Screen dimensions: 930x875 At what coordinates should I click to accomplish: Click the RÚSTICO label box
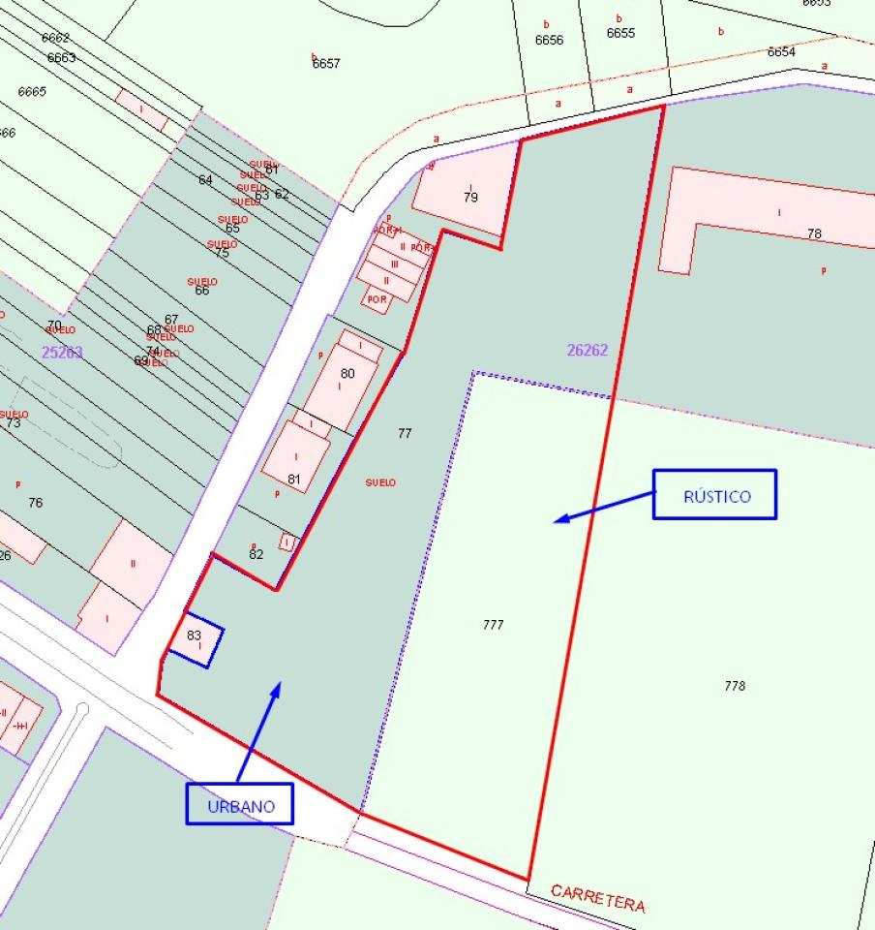pos(714,495)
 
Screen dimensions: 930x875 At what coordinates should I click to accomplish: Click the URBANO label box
pos(239,804)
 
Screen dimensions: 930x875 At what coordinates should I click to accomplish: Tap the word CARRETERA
pos(597,897)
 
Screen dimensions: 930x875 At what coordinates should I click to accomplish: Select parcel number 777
pos(493,625)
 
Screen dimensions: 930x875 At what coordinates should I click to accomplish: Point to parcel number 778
pos(735,686)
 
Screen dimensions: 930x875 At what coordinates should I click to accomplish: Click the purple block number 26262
pos(588,350)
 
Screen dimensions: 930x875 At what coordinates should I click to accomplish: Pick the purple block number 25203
pos(62,352)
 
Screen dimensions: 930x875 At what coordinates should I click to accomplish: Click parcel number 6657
pos(326,64)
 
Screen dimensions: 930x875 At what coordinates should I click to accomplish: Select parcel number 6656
pos(549,40)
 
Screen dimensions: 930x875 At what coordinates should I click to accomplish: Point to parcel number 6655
pos(620,33)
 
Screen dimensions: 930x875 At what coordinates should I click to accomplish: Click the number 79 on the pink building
pos(470,198)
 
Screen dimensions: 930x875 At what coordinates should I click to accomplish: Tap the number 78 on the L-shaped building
pos(814,233)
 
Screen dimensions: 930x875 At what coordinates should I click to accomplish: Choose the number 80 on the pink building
pos(347,373)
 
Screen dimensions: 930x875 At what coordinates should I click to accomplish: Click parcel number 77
pos(405,433)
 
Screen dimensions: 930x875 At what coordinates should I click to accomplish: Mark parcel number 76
pos(36,502)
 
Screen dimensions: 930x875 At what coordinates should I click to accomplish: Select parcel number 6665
pos(32,91)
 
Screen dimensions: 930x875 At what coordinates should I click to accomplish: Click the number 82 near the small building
pos(256,554)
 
